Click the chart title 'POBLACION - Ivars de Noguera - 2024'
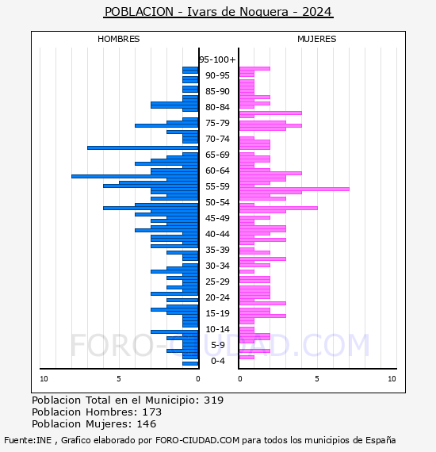(218, 12)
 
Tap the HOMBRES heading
(118, 39)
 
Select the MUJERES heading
(317, 39)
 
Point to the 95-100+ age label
(217, 59)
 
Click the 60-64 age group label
(217, 170)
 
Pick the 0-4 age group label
(218, 361)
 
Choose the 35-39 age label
(217, 250)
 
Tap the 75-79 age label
(217, 123)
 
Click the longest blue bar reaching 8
(135, 176)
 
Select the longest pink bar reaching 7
(294, 189)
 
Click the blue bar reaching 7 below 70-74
(143, 147)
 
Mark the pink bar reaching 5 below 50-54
(278, 208)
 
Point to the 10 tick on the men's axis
(44, 379)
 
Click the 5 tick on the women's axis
(317, 379)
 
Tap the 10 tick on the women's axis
(392, 379)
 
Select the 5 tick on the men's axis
(119, 379)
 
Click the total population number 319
(213, 400)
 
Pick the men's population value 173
(152, 412)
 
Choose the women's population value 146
(147, 423)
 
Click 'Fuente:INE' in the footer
(28, 440)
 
